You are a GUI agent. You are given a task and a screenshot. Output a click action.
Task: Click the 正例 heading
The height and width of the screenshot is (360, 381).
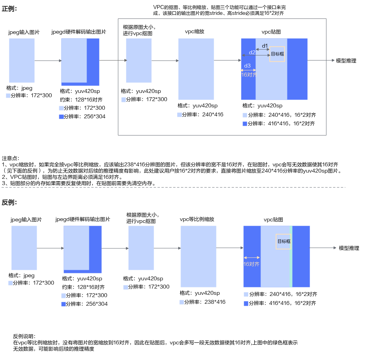click(9, 9)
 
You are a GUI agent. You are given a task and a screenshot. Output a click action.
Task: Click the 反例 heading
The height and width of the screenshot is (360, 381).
click(9, 202)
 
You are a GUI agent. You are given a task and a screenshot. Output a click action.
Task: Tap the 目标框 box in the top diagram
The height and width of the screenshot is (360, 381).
click(277, 54)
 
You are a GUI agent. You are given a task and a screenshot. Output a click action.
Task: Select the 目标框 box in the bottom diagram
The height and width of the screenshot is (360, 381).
click(284, 241)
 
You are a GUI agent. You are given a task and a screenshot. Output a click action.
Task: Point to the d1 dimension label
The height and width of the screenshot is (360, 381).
click(265, 46)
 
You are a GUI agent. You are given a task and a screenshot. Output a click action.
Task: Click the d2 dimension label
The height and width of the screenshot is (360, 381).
click(252, 52)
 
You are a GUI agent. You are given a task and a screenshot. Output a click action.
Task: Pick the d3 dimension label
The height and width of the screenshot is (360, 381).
click(247, 66)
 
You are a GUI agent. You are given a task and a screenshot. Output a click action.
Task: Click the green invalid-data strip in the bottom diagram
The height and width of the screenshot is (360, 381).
click(291, 257)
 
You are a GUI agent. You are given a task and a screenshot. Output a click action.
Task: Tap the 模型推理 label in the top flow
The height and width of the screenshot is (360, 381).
click(346, 61)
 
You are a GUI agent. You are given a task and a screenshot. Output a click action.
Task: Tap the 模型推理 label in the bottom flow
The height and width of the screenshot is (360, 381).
click(349, 248)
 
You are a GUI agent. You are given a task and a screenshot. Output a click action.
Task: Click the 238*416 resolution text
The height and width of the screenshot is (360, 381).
click(215, 302)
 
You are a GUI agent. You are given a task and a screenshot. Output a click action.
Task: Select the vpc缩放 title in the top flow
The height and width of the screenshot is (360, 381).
click(195, 32)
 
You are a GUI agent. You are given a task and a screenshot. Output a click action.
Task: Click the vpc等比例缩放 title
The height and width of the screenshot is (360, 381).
click(197, 219)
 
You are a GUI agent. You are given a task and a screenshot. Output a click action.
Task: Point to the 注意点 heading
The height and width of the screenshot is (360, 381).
click(11, 159)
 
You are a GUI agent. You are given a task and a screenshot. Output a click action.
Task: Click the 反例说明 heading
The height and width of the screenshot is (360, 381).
click(24, 336)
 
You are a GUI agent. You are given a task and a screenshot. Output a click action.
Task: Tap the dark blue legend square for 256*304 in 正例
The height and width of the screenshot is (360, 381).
click(61, 116)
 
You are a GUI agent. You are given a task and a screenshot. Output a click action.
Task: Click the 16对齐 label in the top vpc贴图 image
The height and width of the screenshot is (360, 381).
click(249, 75)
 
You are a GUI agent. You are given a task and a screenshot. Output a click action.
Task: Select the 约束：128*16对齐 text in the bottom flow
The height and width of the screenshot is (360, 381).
click(83, 287)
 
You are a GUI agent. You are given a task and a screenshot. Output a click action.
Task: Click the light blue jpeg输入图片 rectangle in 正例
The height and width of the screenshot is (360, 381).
click(22, 60)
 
